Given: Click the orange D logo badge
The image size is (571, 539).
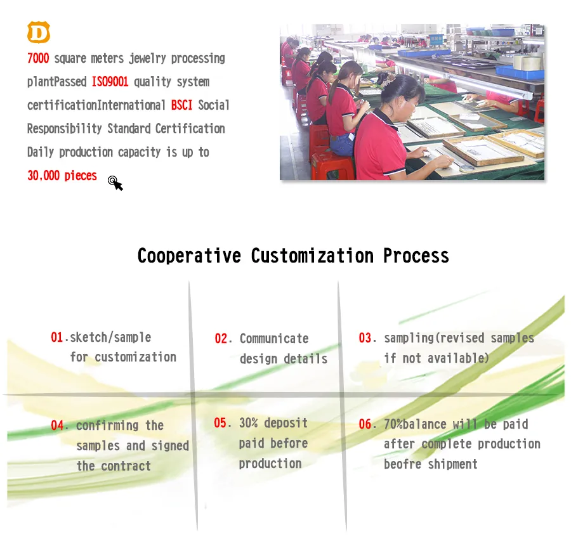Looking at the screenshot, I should pos(38,32).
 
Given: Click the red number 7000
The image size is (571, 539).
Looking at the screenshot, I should pos(38,58).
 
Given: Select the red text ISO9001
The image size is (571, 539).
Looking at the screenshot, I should pos(110,82).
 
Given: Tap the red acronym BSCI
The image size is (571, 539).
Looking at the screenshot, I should pos(181,105).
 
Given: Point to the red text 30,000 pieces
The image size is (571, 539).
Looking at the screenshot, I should pos(62,176).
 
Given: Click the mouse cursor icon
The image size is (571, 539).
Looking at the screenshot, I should pos(115,183).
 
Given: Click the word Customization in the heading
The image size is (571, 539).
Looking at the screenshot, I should pos(312,256).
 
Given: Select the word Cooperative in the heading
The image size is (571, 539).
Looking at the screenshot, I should pos(189,256).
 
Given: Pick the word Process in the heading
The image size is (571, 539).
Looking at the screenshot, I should pos(416,256).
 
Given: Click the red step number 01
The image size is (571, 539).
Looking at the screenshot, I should pos(57,337).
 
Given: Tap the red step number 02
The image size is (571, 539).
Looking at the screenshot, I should pos(221,339).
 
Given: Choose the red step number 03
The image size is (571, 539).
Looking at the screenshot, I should pos(366,338).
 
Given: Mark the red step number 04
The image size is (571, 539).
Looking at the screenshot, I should pos(58,425).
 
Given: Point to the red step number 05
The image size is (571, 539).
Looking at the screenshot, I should pos(221,423).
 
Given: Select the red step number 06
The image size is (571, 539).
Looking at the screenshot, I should pos(366,424).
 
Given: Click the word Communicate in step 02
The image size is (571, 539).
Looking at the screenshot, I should pos(274,339).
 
